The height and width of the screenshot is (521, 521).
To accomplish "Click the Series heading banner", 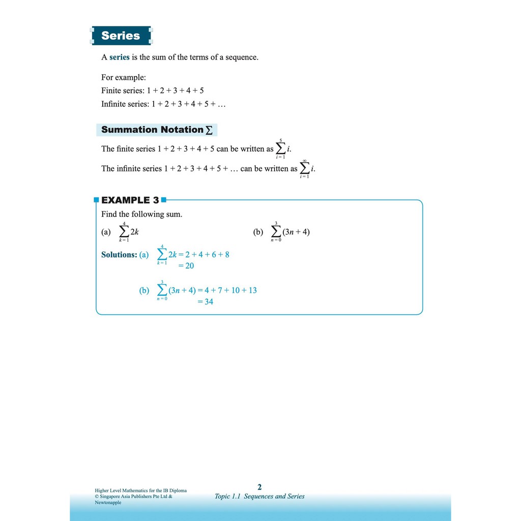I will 121,36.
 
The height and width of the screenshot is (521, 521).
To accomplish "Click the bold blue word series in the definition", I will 120,57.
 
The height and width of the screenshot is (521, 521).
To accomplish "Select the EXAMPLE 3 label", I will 130,200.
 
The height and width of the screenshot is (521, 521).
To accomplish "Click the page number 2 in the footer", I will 259,487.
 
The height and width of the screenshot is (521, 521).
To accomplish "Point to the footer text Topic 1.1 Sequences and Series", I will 259,497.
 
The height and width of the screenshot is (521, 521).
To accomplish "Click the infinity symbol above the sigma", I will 304,161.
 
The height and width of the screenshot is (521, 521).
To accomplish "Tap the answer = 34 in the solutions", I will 205,302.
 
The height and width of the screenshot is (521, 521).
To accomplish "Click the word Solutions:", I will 119,254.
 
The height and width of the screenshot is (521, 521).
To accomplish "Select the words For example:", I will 124,77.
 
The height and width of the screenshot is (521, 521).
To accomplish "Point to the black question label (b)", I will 258,232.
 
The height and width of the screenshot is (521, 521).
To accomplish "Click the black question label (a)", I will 106,232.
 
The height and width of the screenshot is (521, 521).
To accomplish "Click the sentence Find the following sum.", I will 141,214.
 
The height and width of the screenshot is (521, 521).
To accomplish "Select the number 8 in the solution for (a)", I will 226,254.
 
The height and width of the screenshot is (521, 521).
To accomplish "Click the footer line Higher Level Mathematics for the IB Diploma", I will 141,490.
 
